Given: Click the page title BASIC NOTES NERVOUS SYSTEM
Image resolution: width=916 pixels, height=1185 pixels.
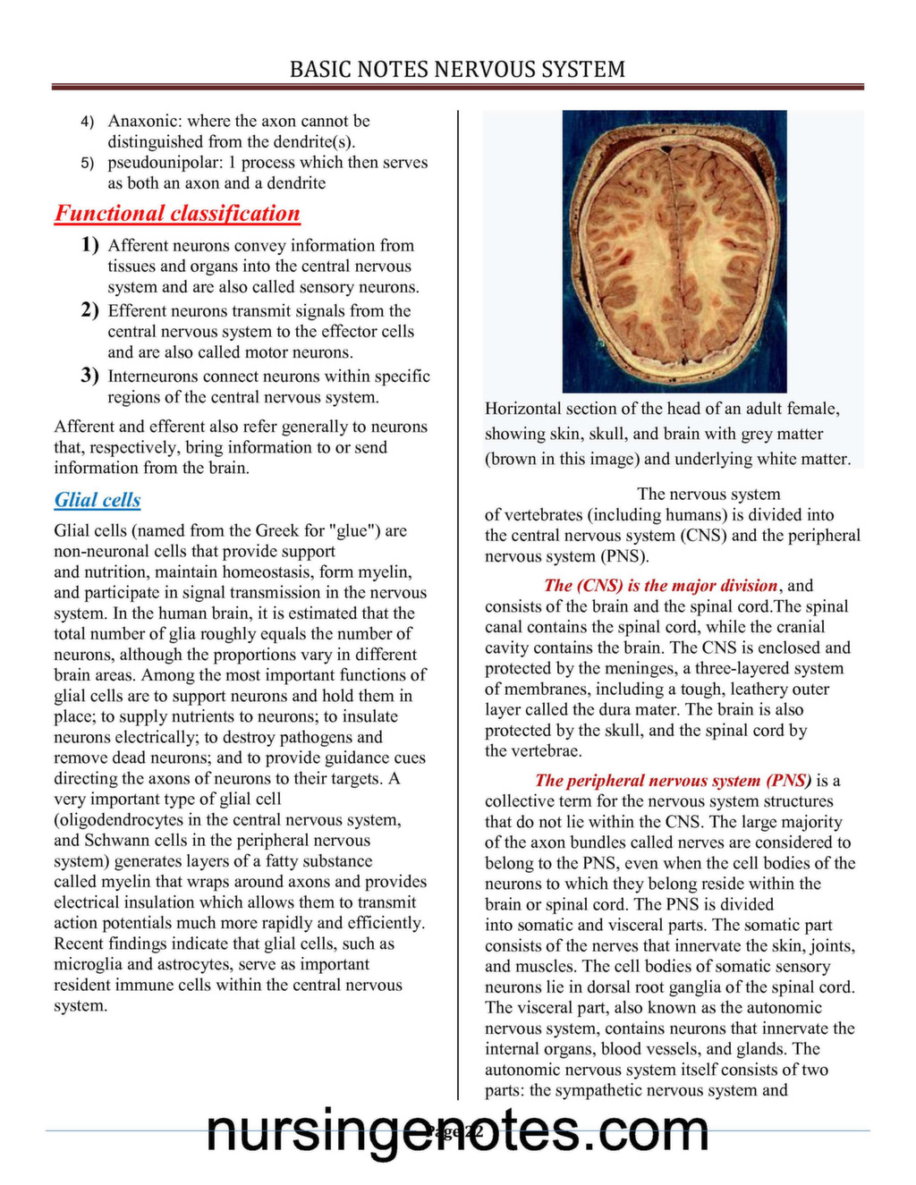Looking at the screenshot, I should pyautogui.click(x=457, y=69).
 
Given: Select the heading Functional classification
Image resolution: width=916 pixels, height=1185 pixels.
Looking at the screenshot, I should pyautogui.click(x=177, y=214).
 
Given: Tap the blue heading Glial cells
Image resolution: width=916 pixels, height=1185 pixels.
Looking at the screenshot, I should pyautogui.click(x=98, y=500).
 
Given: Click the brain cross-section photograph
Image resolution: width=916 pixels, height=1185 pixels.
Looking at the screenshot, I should pyautogui.click(x=674, y=251).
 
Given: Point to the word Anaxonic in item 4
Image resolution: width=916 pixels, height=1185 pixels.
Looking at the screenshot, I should pyautogui.click(x=144, y=121).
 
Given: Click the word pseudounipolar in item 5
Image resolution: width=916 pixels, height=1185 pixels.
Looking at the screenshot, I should pyautogui.click(x=162, y=163).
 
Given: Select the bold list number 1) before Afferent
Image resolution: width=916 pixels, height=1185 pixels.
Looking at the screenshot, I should pyautogui.click(x=89, y=244).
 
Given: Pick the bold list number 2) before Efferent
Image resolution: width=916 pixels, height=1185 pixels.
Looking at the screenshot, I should pyautogui.click(x=89, y=309).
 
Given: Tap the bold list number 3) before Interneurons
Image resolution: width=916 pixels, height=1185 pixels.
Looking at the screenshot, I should pyautogui.click(x=89, y=375).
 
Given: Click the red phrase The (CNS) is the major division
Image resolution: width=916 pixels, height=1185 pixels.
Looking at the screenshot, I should pyautogui.click(x=660, y=586).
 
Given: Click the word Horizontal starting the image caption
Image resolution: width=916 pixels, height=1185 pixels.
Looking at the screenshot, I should pyautogui.click(x=524, y=409).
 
